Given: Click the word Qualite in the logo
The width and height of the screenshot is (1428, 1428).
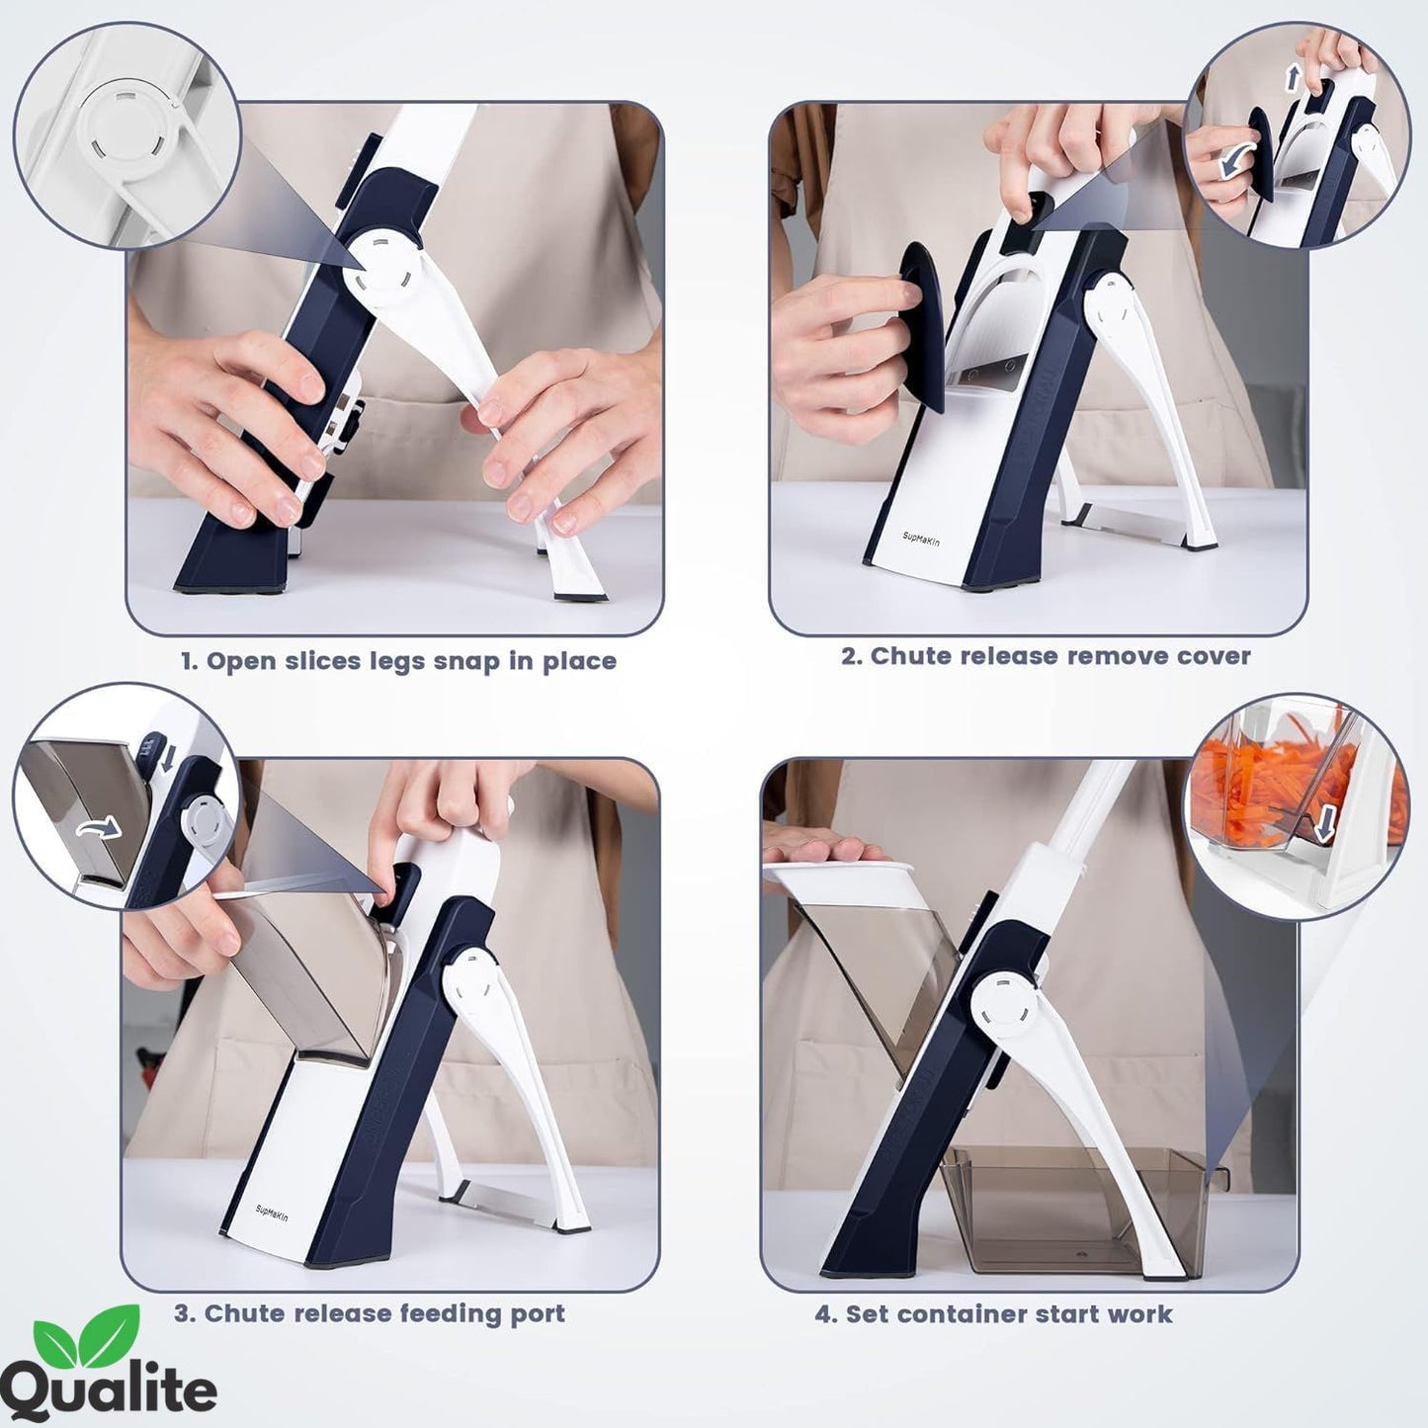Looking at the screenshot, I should pos(109,1389).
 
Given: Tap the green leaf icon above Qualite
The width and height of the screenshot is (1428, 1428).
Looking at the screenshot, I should pos(87,1334).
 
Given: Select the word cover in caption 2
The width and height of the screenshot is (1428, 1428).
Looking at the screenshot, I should pos(1213,656).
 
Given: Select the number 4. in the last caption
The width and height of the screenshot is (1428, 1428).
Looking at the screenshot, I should pos(826,1314).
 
